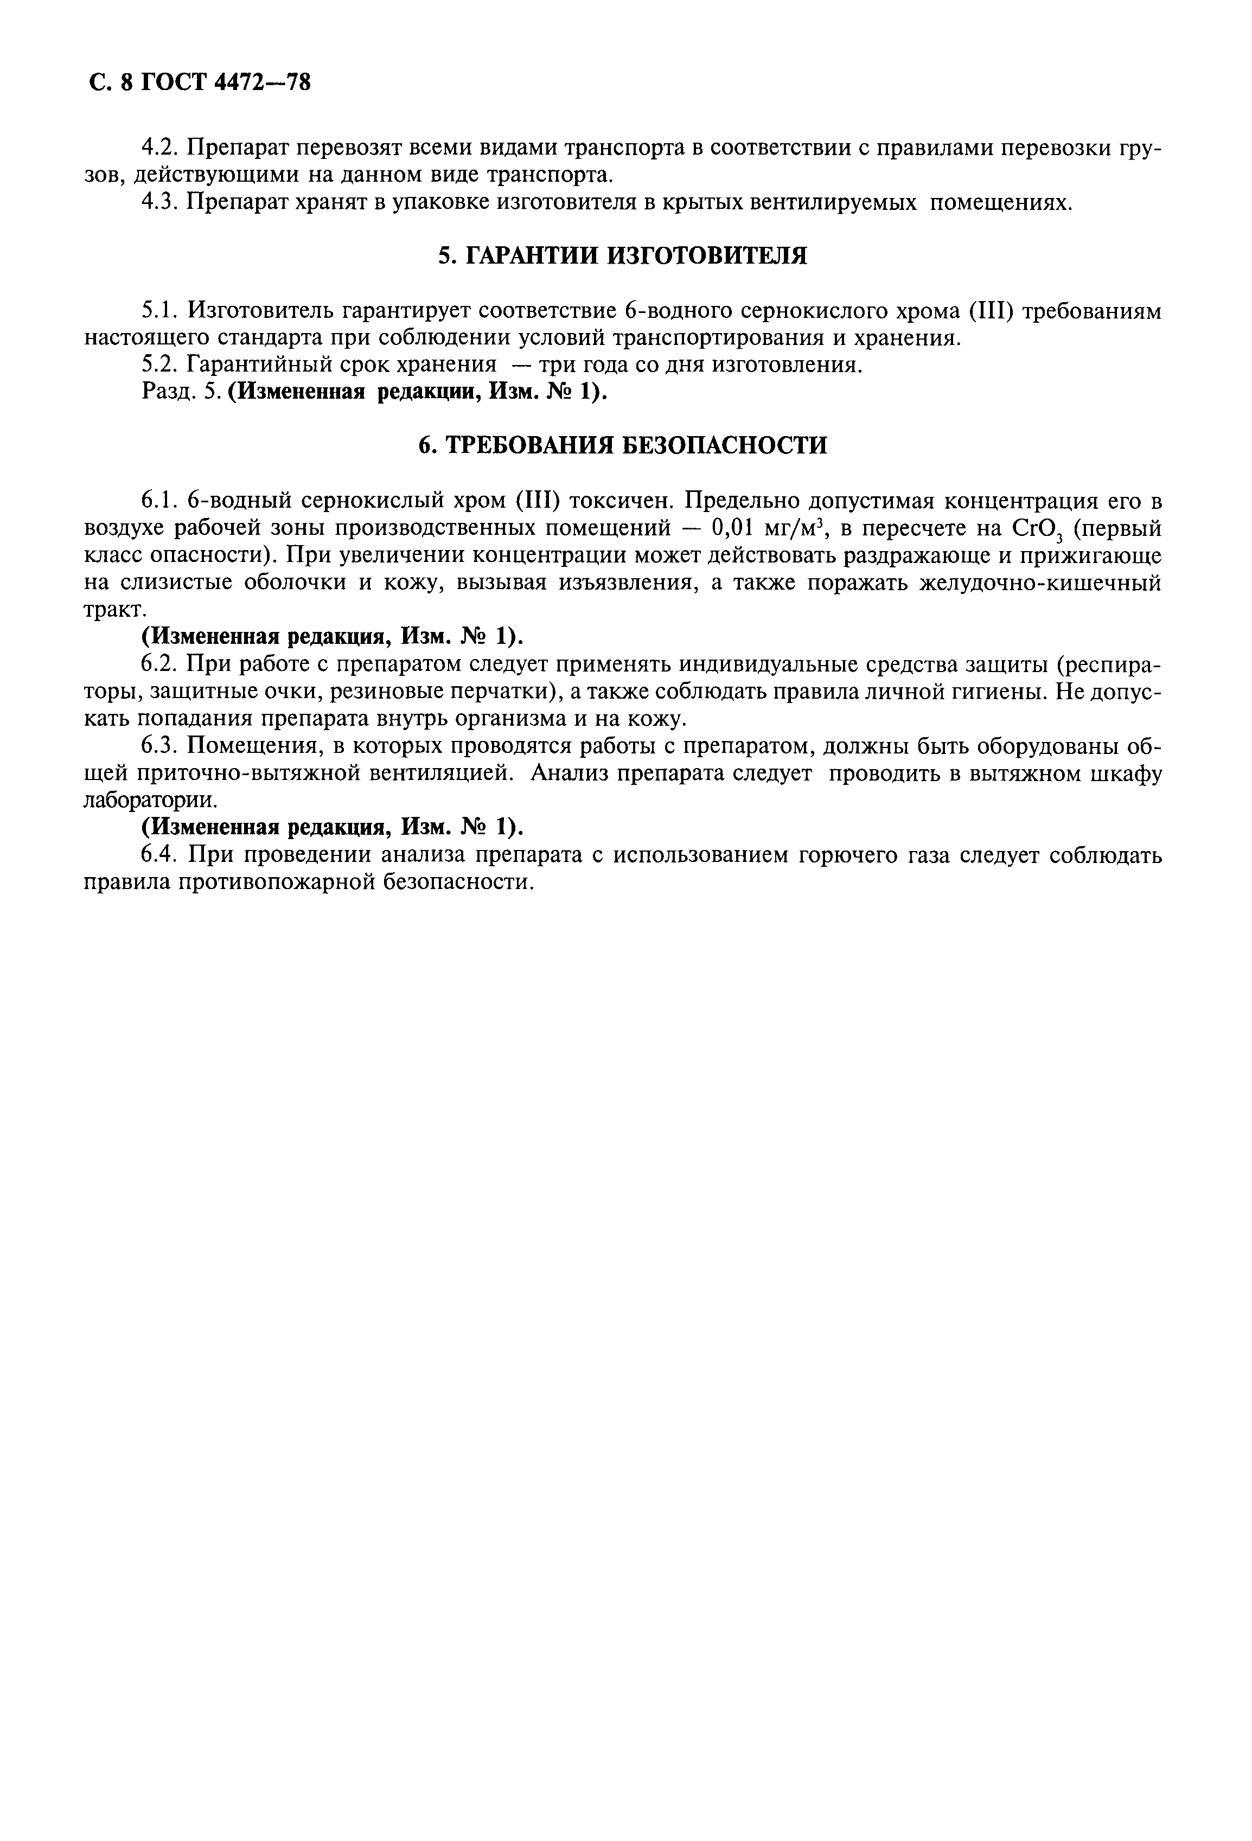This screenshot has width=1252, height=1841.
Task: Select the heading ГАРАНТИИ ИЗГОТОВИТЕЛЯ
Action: point(623,256)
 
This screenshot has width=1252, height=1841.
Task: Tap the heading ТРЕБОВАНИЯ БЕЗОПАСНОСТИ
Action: point(623,445)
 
